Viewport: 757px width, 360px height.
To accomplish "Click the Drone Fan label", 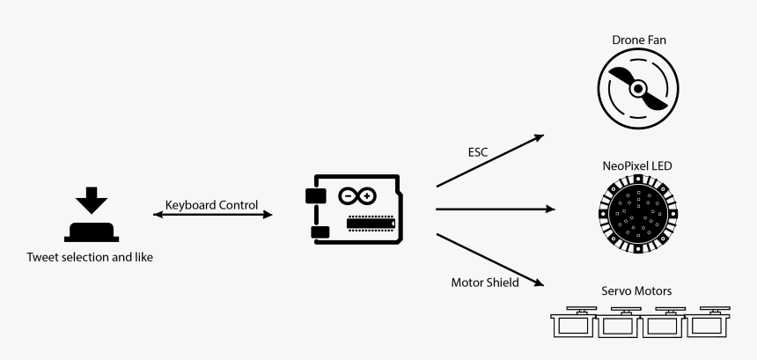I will tap(638, 40).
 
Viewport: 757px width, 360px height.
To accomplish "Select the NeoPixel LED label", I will tap(637, 165).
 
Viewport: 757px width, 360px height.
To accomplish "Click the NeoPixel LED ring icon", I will tap(637, 212).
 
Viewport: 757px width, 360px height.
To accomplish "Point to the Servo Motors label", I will tap(636, 291).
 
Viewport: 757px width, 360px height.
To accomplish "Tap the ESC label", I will tap(478, 151).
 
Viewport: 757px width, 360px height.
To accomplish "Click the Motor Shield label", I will tap(485, 283).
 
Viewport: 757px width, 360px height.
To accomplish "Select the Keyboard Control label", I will tap(211, 204).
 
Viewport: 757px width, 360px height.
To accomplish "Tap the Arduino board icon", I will tap(356, 212).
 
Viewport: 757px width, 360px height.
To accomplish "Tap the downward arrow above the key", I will tap(91, 201).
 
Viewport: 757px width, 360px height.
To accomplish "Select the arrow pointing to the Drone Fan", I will tap(489, 160).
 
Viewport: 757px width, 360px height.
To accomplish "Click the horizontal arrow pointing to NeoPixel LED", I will tap(496, 209).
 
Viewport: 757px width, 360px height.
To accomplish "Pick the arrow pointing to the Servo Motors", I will tap(489, 261).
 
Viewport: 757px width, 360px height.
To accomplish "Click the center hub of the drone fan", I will tap(639, 89).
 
